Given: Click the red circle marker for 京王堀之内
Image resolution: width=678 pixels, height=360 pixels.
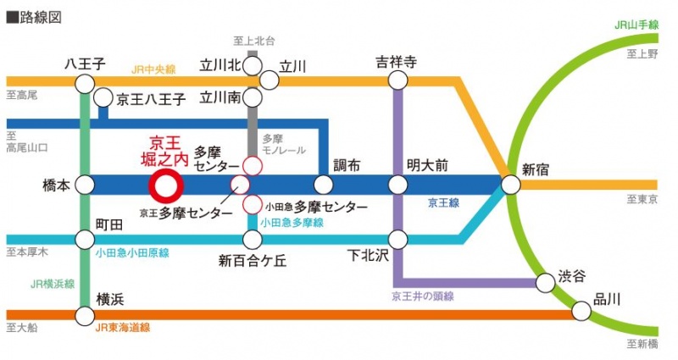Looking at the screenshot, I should (165, 185).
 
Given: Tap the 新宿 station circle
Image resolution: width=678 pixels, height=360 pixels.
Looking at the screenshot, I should (510, 185).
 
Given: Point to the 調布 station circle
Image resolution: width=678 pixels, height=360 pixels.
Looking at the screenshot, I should (323, 185).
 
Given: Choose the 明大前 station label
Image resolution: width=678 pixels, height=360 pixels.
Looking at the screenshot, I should (426, 164).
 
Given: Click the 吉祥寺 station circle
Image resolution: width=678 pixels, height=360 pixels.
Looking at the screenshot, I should (397, 80).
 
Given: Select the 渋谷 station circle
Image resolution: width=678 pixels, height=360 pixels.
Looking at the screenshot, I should (547, 281).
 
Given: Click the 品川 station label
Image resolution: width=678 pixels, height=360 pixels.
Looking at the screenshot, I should (607, 298).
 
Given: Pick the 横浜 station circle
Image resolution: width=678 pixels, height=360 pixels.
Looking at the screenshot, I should (85, 316).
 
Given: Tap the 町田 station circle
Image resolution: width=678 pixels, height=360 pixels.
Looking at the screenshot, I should (85, 240).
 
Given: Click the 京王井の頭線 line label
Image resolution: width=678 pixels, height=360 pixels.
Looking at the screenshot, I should (423, 296).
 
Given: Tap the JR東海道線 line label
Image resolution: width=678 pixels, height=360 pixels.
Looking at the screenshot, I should (123, 328).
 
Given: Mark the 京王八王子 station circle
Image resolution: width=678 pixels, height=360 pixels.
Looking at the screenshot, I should (103, 98).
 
